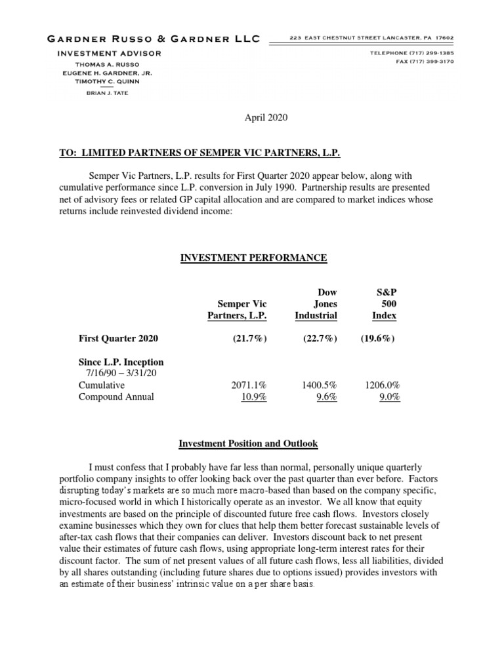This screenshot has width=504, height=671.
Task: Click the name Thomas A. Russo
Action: [108, 65]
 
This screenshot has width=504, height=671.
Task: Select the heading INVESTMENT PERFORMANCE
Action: [253, 258]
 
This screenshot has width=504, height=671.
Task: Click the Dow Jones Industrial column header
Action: [316, 304]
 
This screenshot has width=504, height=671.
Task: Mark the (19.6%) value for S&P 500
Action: [377, 339]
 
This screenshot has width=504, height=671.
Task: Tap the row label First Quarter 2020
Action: [118, 339]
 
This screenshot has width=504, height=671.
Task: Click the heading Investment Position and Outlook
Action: [248, 444]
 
